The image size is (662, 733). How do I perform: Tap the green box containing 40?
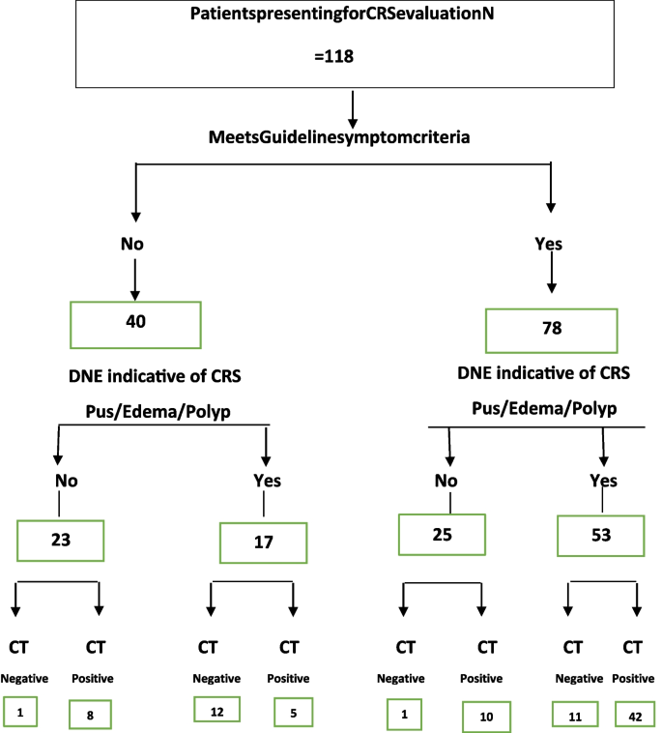[x=135, y=323]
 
